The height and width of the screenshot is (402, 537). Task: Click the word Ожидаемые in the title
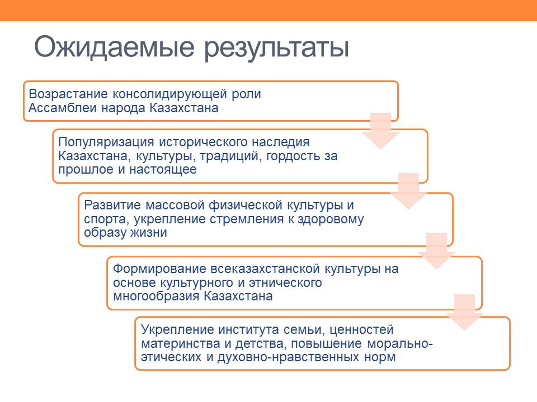(114, 47)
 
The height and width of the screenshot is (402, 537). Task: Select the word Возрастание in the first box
(68, 94)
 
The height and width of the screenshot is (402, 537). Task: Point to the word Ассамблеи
(63, 108)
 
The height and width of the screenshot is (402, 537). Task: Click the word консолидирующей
(170, 94)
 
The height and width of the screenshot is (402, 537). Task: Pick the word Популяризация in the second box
(106, 142)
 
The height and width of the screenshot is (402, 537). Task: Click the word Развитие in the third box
(112, 205)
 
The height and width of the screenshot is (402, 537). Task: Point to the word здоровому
(331, 219)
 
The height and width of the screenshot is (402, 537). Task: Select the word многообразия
(156, 296)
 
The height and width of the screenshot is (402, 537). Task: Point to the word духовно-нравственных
(288, 357)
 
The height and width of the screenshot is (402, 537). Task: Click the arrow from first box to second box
(380, 131)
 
